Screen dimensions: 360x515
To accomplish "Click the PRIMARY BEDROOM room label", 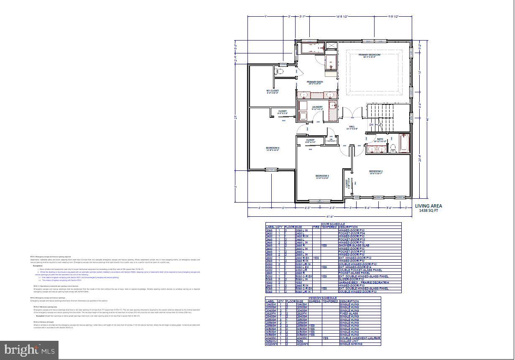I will [370, 55].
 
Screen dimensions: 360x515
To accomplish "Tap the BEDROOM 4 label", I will [273, 148].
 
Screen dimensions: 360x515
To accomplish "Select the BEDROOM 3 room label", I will [322, 176].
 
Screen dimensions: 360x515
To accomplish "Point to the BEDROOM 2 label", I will [375, 171].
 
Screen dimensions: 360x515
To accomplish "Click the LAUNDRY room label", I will [317, 107].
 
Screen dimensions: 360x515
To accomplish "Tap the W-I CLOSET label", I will [273, 91].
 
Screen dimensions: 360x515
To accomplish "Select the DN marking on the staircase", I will [371, 125].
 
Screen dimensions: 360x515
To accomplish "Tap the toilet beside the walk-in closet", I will [280, 72].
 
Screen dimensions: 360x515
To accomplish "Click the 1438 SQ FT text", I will [428, 211].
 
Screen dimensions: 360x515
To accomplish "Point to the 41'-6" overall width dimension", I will [330, 216].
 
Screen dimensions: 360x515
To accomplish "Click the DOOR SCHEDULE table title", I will [333, 224].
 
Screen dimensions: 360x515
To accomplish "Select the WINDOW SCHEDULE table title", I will [323, 298].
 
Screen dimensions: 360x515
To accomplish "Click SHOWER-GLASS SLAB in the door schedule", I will [354, 246].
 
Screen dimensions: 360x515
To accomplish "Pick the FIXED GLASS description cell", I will [349, 313].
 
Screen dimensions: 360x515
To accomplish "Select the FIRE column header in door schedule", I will [316, 227].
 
